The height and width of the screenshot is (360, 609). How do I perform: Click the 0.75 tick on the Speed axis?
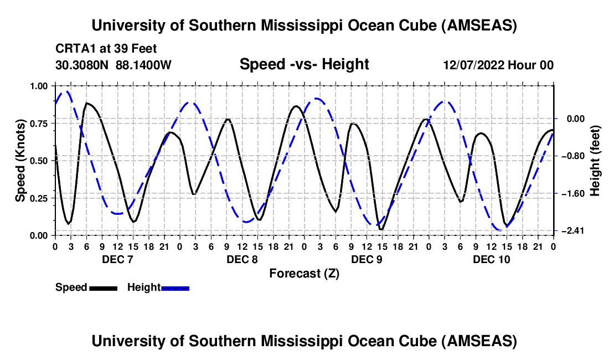pos(40,123)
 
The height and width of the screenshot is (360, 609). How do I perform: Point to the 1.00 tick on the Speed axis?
pos(40,86)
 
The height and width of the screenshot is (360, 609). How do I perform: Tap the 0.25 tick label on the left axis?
pos(40,198)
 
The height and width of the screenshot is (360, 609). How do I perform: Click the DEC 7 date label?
pos(117,259)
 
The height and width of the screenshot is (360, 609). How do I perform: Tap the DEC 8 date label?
pos(241,259)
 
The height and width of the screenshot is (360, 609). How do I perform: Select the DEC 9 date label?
pos(367,259)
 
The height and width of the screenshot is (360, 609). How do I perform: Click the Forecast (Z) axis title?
pos(304,273)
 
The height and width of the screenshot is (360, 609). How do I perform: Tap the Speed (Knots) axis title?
pos(20,160)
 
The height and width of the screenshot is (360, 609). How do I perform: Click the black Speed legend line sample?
pos(103,287)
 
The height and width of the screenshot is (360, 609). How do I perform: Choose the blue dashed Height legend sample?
pos(175,287)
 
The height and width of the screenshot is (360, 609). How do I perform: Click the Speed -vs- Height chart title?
pos(304,64)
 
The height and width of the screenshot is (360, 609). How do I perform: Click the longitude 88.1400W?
pos(144,65)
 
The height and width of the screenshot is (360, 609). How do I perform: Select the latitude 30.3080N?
pos(83,65)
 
